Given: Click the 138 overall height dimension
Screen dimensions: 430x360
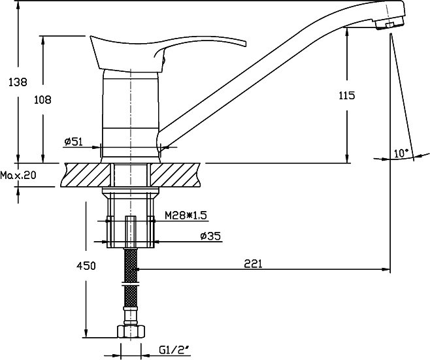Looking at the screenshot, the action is point(18,82).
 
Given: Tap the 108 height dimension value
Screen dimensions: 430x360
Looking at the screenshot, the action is point(42,100).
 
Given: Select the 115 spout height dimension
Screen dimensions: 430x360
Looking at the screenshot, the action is point(347,95).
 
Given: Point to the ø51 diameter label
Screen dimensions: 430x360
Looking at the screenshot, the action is point(73,142).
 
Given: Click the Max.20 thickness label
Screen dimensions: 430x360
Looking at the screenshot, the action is point(18,175).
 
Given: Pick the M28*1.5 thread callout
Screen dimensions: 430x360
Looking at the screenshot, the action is point(186,216).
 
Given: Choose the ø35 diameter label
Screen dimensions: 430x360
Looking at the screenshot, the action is point(210,236).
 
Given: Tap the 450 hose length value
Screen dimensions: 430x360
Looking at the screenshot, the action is point(86,266).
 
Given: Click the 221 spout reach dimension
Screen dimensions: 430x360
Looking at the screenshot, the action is point(253,264).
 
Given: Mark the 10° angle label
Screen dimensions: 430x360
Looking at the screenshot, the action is point(401,153).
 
